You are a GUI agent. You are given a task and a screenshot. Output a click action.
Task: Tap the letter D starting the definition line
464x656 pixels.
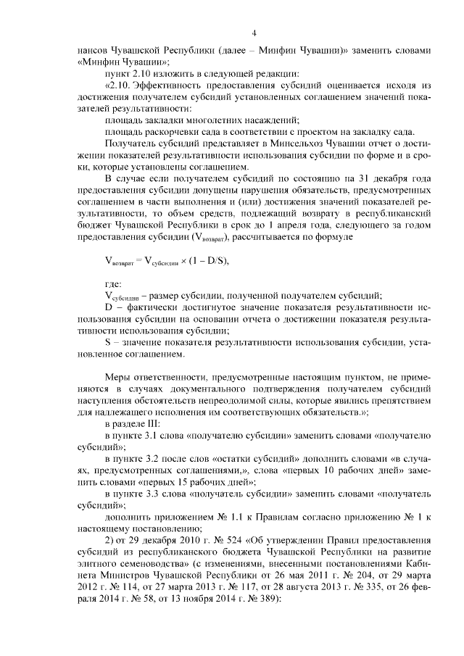point(109,307)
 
